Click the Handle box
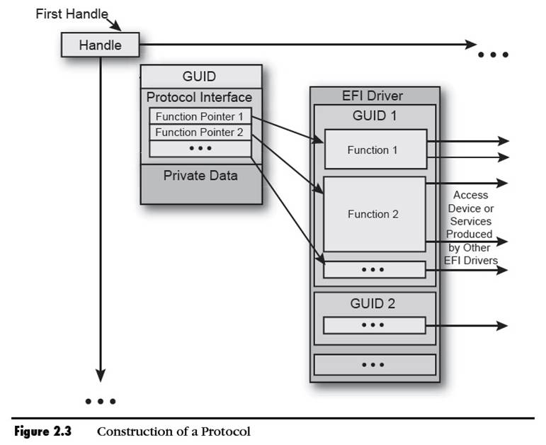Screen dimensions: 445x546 (100, 45)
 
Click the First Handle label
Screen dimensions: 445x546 (72, 14)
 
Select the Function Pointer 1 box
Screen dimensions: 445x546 (199, 116)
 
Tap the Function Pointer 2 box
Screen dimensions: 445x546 (199, 133)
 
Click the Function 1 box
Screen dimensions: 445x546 (375, 150)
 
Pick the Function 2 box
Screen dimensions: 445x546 (374, 214)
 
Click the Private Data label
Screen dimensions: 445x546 (200, 176)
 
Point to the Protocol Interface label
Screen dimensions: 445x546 (199, 97)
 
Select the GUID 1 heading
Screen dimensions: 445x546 (375, 116)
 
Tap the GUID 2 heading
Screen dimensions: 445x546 (374, 303)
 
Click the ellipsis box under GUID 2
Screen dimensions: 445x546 (374, 325)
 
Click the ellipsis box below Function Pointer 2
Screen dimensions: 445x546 (200, 149)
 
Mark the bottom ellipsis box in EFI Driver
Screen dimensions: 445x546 (374, 364)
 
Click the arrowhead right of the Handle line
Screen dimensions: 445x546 (470, 45)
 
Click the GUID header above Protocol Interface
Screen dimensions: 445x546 (200, 77)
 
